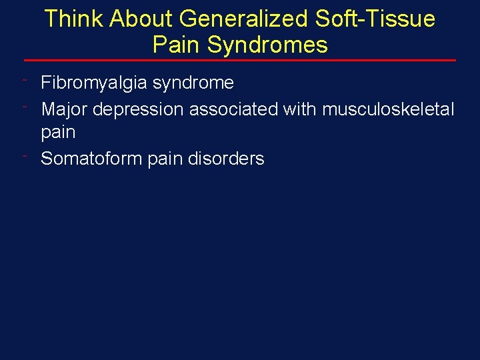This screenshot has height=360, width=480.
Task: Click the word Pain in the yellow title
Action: coord(177,45)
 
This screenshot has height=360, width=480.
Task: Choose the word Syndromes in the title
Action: coord(267,45)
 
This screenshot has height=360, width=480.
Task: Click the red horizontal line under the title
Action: coord(240,61)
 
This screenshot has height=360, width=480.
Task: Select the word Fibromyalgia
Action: coord(95,83)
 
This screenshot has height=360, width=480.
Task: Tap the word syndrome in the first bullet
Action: coord(193,83)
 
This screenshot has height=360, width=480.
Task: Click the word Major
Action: coord(64,109)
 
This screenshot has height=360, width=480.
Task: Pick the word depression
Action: coord(138,109)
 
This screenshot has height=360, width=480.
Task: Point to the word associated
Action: coord(233,109)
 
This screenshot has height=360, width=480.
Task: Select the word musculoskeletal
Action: coord(388,109)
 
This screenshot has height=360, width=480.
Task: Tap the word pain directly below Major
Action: coord(58,132)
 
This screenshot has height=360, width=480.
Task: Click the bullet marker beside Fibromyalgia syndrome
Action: coord(25,81)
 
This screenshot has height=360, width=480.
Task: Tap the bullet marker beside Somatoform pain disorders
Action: coord(25,157)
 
